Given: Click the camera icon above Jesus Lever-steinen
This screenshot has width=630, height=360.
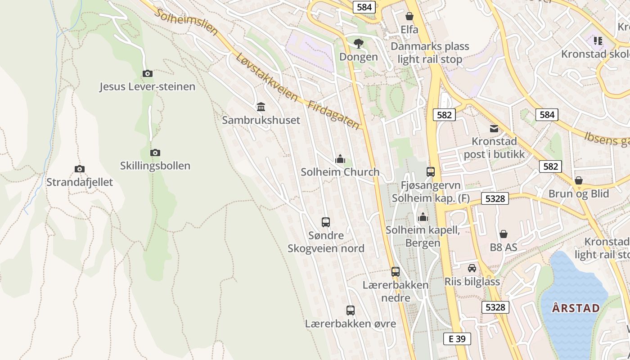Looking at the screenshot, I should coord(147,73).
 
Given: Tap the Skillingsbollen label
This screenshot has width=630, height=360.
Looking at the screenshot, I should coord(155,166).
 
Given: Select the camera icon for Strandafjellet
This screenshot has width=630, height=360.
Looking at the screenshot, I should coord(80,169).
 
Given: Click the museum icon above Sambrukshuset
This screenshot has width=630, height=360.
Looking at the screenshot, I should coord(261,107).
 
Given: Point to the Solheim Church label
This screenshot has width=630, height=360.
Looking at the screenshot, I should coord(340,172).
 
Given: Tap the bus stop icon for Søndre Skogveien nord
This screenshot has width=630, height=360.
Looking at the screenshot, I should coord(326,222).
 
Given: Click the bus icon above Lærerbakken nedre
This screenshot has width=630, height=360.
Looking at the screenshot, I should coord(396,271).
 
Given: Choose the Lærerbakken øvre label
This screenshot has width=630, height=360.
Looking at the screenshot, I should coord(351,324).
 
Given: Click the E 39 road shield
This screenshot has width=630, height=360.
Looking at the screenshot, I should coord(457,339).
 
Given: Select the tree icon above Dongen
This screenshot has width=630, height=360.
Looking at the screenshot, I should coord(359,43).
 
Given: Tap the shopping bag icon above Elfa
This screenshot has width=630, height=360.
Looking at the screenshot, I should coord(409,17).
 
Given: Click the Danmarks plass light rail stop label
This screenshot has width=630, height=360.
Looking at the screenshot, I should coord(430,53).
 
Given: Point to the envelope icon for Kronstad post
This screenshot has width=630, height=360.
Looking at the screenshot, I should coord(494,128).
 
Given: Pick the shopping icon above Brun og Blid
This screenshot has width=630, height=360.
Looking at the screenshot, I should coord(579,180).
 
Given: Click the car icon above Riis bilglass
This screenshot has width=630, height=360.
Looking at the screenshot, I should coord(472,268).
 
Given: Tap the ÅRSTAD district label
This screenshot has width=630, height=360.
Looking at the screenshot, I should coord(576,308).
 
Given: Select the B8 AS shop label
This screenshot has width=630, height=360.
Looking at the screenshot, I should coord(504,247).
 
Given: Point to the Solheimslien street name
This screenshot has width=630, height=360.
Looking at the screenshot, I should coord(186,21).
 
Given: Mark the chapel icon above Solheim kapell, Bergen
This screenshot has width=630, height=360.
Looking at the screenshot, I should coord(423,217).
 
